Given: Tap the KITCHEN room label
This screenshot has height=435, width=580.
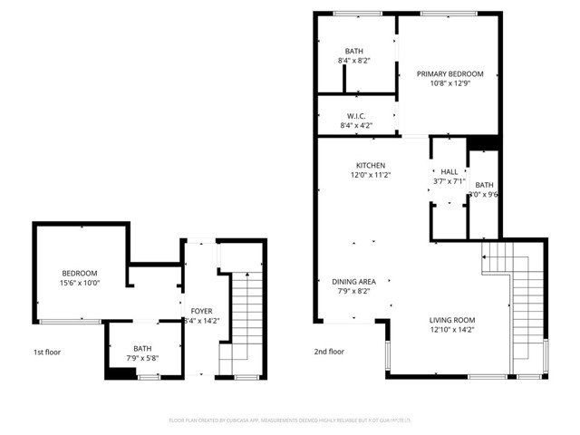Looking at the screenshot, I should point(370,165).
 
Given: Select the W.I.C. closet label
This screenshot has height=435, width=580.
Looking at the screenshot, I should point(356,116).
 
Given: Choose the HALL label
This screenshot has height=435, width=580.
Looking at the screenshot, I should point(449,171).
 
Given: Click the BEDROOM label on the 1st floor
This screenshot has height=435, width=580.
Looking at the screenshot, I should point(80,274).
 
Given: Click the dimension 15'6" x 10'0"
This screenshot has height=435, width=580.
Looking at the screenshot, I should point(80,284).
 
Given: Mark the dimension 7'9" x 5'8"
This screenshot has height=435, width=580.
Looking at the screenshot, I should point(143,358).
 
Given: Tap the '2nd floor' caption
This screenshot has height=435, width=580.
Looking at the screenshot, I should point(330,352).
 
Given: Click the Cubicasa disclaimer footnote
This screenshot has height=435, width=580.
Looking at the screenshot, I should point(289,420).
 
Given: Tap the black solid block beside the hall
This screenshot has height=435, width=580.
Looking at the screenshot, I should point(482,143).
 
